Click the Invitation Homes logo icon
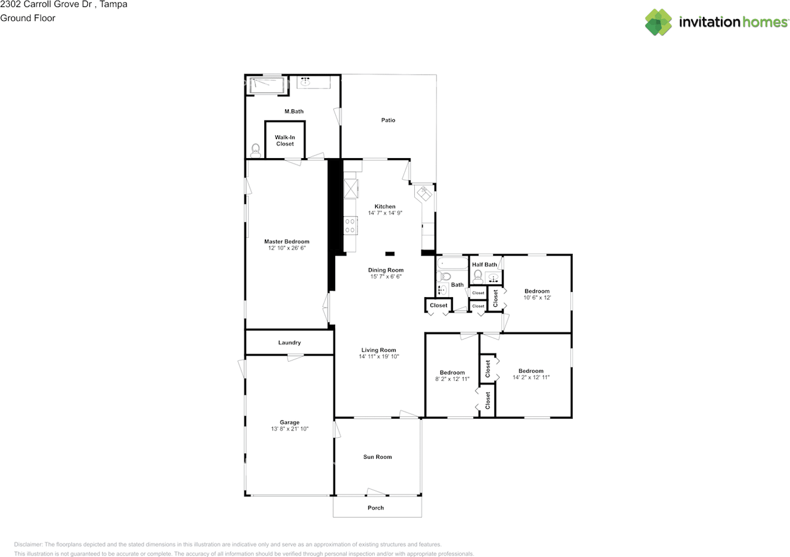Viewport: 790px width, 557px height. pyautogui.click(x=659, y=22)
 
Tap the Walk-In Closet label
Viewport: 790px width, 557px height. pyautogui.click(x=285, y=141)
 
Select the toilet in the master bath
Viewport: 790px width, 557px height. pyautogui.click(x=256, y=151)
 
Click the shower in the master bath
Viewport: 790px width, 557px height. pyautogui.click(x=267, y=86)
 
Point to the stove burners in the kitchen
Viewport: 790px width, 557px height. pyautogui.click(x=350, y=226)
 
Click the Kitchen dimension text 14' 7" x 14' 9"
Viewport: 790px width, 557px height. pyautogui.click(x=385, y=213)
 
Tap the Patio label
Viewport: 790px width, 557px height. pyautogui.click(x=388, y=120)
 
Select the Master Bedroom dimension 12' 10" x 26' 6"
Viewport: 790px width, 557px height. pyautogui.click(x=287, y=248)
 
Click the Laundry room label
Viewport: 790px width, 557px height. pyautogui.click(x=289, y=342)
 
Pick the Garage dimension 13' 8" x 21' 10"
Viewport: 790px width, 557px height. pyautogui.click(x=289, y=429)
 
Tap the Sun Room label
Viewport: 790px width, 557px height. pyautogui.click(x=377, y=457)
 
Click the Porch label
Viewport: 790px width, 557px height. pyautogui.click(x=376, y=508)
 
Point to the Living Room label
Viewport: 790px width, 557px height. pyautogui.click(x=378, y=350)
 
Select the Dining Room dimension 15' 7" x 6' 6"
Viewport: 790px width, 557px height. pyautogui.click(x=386, y=277)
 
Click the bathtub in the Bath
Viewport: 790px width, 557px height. pyautogui.click(x=452, y=264)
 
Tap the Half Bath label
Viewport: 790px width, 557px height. pyautogui.click(x=484, y=264)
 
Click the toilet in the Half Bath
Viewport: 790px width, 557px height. pyautogui.click(x=478, y=277)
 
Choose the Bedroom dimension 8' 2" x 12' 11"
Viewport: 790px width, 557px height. pyautogui.click(x=452, y=379)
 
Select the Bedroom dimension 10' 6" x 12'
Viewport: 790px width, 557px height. pyautogui.click(x=537, y=297)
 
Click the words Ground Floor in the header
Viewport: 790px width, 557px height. pyautogui.click(x=28, y=18)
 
